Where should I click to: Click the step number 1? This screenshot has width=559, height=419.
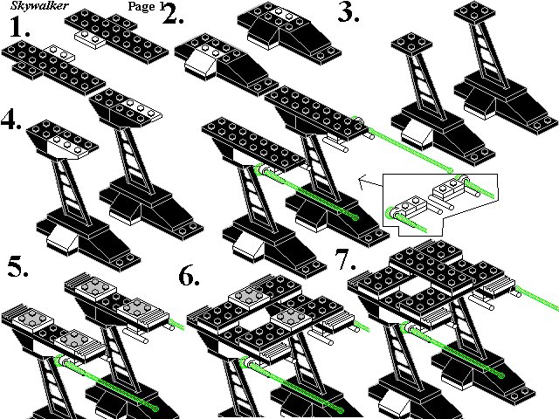(19, 27)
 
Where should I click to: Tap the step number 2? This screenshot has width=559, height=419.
(173, 14)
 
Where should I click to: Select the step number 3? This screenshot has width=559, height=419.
(349, 13)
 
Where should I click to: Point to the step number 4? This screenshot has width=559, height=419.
(11, 120)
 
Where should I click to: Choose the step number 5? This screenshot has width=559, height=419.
(17, 267)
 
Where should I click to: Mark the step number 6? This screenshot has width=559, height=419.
(189, 276)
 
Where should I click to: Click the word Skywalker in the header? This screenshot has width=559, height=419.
(39, 5)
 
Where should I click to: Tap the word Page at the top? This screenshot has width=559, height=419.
(141, 6)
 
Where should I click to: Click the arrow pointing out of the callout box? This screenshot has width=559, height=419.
(370, 182)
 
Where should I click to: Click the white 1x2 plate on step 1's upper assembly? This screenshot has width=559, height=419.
(89, 39)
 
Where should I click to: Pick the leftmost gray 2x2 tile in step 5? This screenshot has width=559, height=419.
(33, 320)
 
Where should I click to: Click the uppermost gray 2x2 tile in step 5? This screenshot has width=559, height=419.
(95, 288)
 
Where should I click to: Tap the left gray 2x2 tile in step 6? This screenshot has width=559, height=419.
(249, 298)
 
